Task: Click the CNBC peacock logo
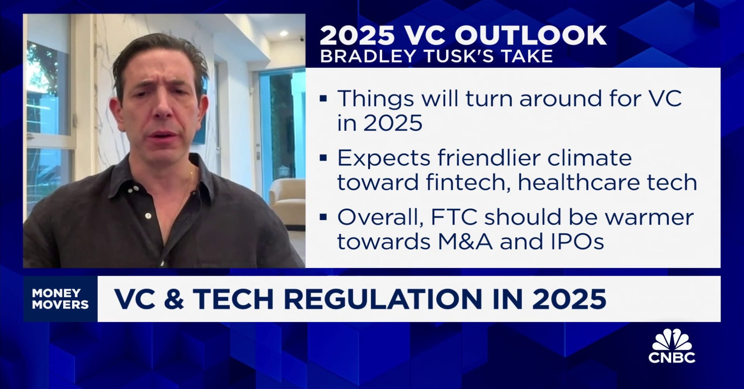coord(672,346)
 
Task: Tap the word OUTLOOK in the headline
coord(531,35)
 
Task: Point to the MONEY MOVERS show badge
coord(60,299)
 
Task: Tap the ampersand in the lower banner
coord(174,299)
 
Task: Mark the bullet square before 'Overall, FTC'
coord(323,217)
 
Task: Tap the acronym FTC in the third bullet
coord(454,217)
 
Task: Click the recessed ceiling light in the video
coord(283,33)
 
